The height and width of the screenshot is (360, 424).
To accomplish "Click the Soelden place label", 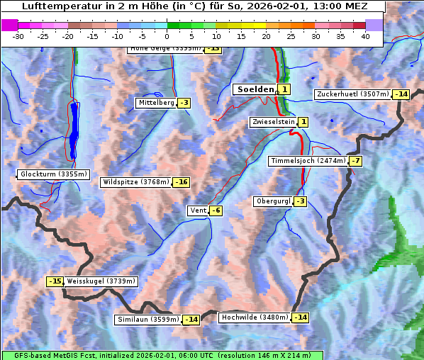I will coord(254,89).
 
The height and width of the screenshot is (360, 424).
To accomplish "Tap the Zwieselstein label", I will coord(273,122).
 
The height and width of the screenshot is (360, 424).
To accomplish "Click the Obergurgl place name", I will coord(272,201).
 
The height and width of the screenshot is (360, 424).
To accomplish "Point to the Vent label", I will coord(197,210).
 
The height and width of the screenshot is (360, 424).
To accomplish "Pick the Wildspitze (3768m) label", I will coord(135,182).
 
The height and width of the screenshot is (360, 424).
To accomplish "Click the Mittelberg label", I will coord(156,103).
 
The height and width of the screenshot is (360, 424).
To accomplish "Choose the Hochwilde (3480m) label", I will coord(255,317).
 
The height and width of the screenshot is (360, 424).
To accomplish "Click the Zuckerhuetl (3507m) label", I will coord(353,94).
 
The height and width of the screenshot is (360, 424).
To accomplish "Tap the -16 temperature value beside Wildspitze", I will coord(182,182).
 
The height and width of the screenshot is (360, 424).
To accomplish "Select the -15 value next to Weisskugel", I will coord(55,281).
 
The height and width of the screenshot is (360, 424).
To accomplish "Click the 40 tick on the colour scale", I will coord(365,36).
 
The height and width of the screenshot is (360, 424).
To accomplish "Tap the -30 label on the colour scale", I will coord(18,36).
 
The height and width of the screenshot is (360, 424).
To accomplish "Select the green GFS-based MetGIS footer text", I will coord(162,355).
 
